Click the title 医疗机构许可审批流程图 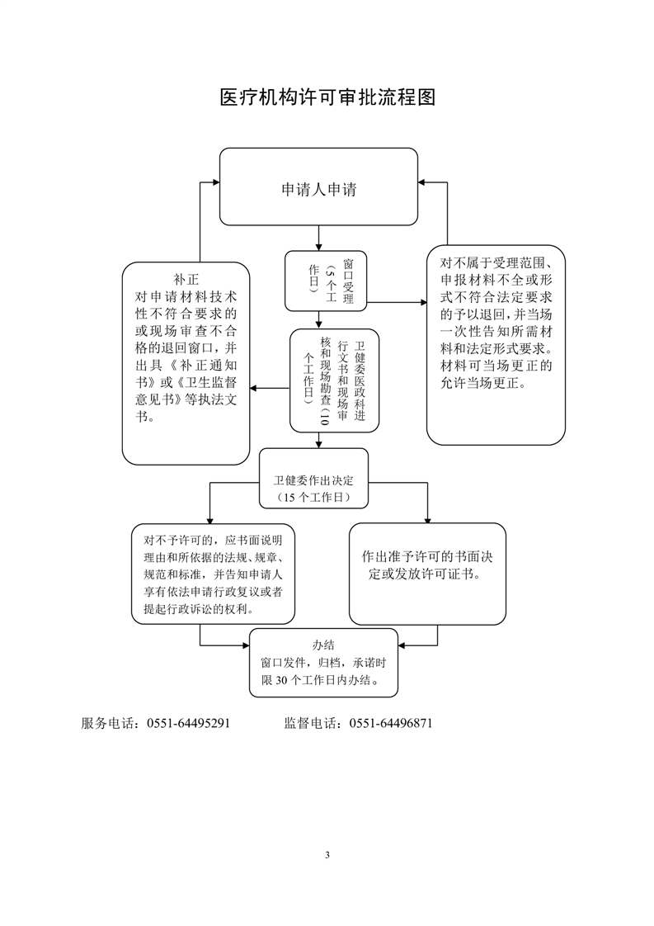327,97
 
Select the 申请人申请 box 318,187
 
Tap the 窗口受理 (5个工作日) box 324,279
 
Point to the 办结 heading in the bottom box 323,645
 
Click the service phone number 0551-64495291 188,723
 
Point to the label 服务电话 108,723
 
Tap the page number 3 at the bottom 327,853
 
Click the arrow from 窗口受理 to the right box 396,305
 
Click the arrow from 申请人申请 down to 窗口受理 318,239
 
